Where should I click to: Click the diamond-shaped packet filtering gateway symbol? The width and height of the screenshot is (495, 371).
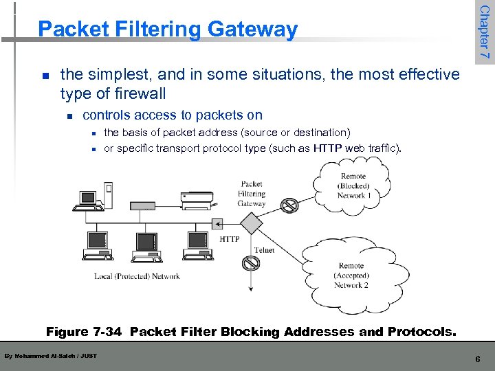[251, 223]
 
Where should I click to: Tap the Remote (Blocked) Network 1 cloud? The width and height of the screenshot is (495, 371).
[351, 185]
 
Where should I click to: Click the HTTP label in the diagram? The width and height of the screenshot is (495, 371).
[230, 239]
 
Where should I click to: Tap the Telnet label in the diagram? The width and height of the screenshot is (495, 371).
[264, 250]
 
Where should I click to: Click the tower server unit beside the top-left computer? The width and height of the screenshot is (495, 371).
[108, 195]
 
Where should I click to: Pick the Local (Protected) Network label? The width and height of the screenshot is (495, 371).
[137, 276]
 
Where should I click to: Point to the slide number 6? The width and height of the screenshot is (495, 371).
[478, 359]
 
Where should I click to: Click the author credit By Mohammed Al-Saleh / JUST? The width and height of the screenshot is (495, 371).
[50, 355]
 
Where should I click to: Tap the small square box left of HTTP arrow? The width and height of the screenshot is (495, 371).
[217, 223]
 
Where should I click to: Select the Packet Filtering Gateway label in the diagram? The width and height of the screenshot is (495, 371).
[252, 194]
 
